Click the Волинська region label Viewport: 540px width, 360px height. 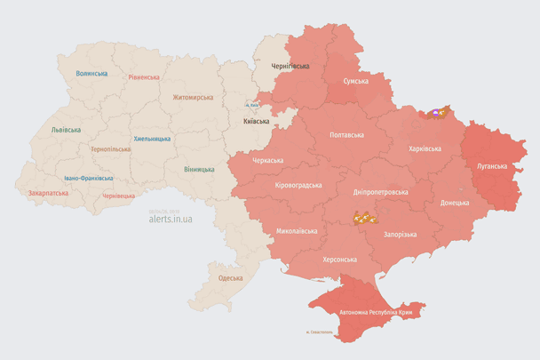pos(91,73)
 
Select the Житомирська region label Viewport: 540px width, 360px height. pos(193,97)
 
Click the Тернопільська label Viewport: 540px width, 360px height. pos(110,149)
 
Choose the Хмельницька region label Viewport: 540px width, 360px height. pos(152,139)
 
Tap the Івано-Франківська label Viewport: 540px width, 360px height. pos(88,178)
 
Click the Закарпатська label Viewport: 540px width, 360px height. pos(50,192)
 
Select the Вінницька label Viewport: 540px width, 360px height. pos(199,169)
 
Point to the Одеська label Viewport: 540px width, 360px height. pos(230,278)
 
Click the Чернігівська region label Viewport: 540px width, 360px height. pos(290,66)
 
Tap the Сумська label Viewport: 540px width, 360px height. pos(356,81)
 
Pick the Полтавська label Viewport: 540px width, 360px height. pos(346,135)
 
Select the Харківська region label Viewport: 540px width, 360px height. pos(425,149)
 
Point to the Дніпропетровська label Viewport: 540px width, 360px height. pos(380,192)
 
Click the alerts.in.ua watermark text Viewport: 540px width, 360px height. pos(171,218)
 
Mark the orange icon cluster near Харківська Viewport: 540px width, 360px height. pos(437,113)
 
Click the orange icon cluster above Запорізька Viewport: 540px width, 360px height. pos(364,217)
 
